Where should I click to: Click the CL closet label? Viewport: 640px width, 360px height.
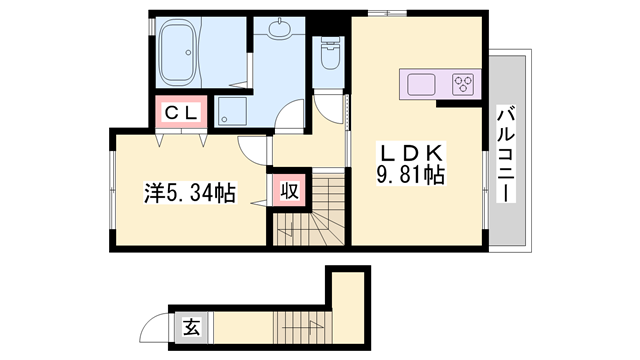pos(181,113)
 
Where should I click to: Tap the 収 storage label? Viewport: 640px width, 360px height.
pos(286,190)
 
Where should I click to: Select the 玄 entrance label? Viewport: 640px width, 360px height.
pos(189,325)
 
